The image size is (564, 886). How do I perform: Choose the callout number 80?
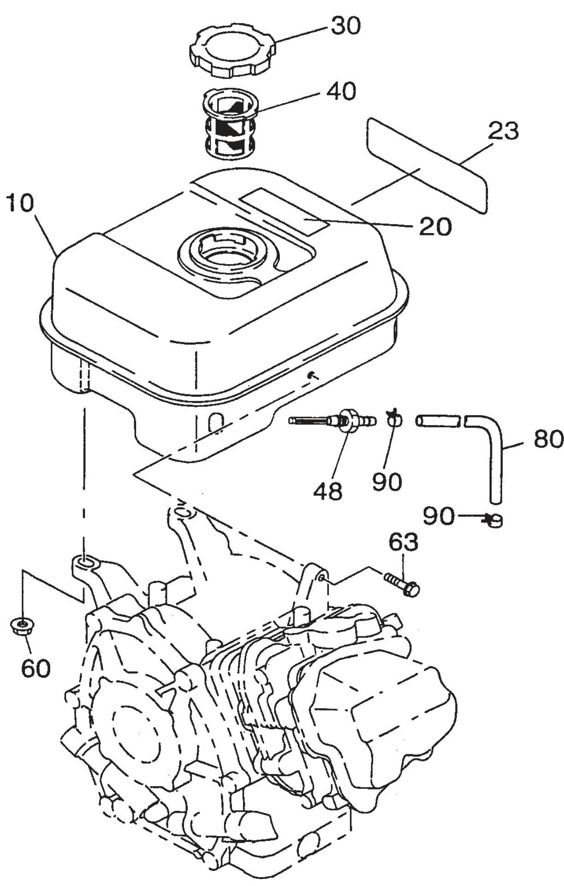[548, 440]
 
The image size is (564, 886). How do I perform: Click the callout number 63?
[404, 542]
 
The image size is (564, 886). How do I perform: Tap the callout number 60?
[36, 667]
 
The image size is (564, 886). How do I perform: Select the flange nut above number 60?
[20, 627]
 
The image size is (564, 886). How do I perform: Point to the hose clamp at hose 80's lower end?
[494, 521]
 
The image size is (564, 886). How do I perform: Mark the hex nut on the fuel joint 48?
[349, 420]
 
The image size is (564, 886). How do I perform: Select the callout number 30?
[345, 26]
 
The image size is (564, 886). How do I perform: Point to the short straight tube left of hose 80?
[439, 421]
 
